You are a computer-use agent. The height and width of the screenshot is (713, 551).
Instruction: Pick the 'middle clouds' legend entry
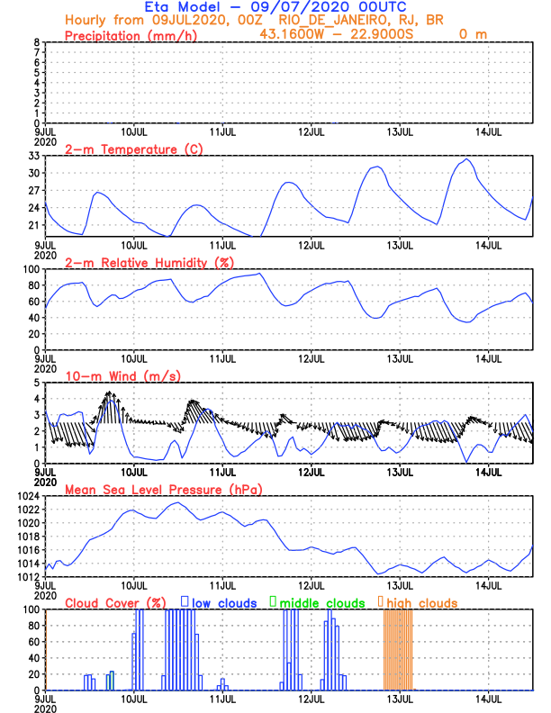[314, 602]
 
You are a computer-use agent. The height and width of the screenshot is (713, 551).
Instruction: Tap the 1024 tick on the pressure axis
[29, 496]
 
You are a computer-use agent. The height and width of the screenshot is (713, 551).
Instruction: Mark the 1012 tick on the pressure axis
[29, 576]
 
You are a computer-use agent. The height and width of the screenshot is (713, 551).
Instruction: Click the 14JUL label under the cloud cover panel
[489, 699]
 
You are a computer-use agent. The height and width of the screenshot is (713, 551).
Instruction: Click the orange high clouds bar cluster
[398, 648]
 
